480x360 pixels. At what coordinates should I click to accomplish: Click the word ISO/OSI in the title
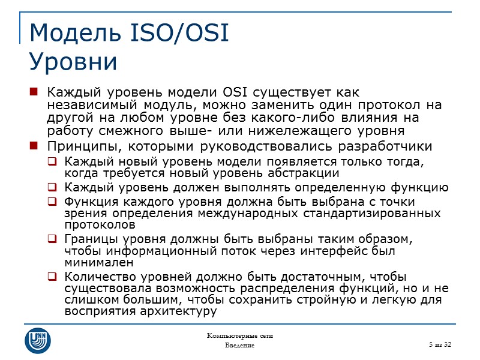(179, 34)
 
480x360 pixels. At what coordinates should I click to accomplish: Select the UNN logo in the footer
(38, 339)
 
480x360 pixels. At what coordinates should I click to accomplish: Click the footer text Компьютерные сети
(240, 335)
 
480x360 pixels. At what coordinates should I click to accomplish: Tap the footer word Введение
(240, 346)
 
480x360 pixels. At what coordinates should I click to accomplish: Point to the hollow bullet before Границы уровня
(53, 239)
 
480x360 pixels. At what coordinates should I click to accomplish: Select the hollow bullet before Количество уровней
(53, 277)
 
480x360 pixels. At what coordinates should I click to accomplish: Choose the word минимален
(94, 262)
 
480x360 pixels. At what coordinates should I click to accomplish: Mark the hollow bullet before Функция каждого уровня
(53, 202)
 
